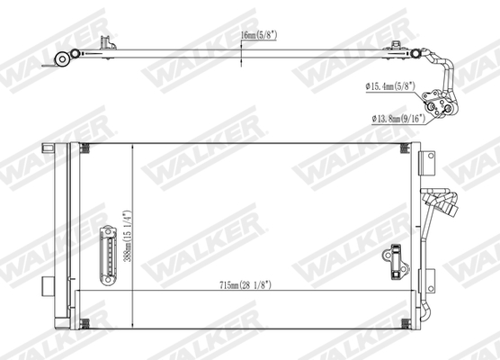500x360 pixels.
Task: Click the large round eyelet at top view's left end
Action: [64, 60]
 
